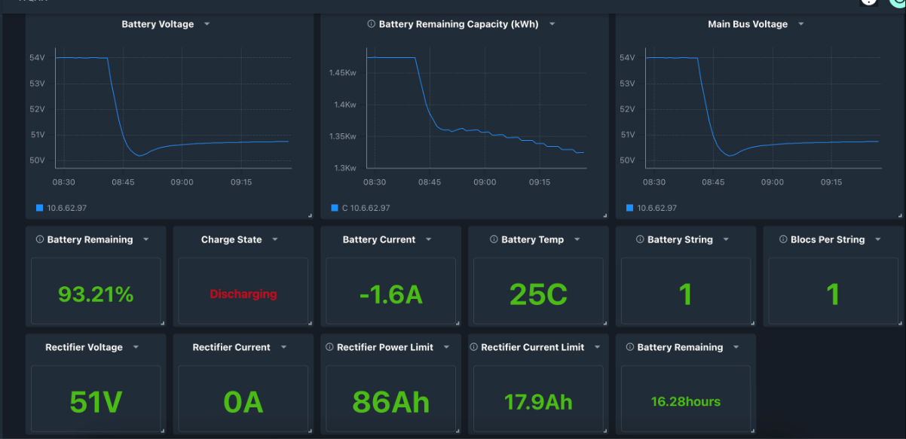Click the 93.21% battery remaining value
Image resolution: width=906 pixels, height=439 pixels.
(96, 294)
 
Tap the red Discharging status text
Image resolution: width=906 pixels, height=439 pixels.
(243, 294)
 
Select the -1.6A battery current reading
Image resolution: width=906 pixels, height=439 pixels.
(390, 294)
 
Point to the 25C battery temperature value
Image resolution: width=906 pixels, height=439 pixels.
(538, 294)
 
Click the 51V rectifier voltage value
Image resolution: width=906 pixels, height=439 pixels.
(96, 402)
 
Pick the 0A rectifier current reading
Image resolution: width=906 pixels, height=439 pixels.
(243, 402)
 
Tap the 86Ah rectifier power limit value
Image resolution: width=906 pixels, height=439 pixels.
(390, 402)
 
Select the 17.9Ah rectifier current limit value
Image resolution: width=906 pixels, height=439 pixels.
(538, 402)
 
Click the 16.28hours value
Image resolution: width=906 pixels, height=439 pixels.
(686, 402)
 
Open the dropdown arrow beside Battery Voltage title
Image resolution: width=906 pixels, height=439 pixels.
(207, 24)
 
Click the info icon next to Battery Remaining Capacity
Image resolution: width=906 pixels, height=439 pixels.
(371, 24)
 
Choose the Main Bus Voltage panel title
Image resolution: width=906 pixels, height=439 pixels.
(748, 24)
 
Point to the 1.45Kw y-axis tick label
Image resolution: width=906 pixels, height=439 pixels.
(342, 73)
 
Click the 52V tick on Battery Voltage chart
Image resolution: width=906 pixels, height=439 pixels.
(37, 109)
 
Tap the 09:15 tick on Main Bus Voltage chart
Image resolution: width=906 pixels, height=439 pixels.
(831, 182)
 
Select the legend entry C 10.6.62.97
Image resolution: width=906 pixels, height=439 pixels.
(366, 208)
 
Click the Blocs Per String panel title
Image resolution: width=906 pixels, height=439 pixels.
(828, 239)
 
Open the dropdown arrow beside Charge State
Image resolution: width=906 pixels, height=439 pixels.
(275, 239)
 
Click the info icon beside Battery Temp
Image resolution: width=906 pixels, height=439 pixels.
(494, 239)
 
